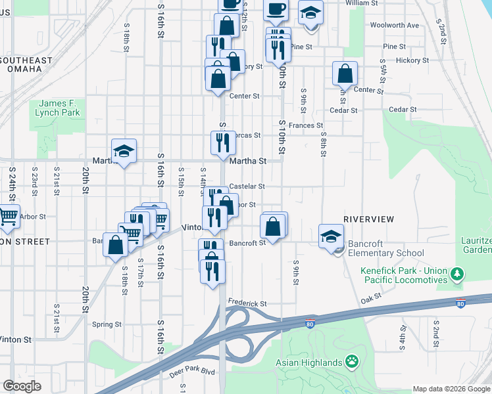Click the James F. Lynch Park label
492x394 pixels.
tap(59, 108)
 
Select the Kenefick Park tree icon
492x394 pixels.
tap(459, 274)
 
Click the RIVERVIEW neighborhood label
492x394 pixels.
tap(368, 219)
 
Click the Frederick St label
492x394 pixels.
tap(247, 303)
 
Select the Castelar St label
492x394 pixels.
tap(247, 186)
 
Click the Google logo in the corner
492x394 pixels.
tap(22, 386)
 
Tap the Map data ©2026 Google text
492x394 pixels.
tap(451, 389)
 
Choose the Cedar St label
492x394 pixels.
tap(403, 110)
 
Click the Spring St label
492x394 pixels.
tap(107, 324)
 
